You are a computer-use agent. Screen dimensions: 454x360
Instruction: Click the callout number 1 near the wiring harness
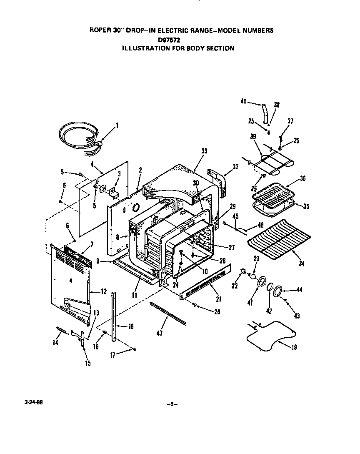(117, 125)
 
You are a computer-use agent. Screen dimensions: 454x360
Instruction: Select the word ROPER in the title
(100, 30)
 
